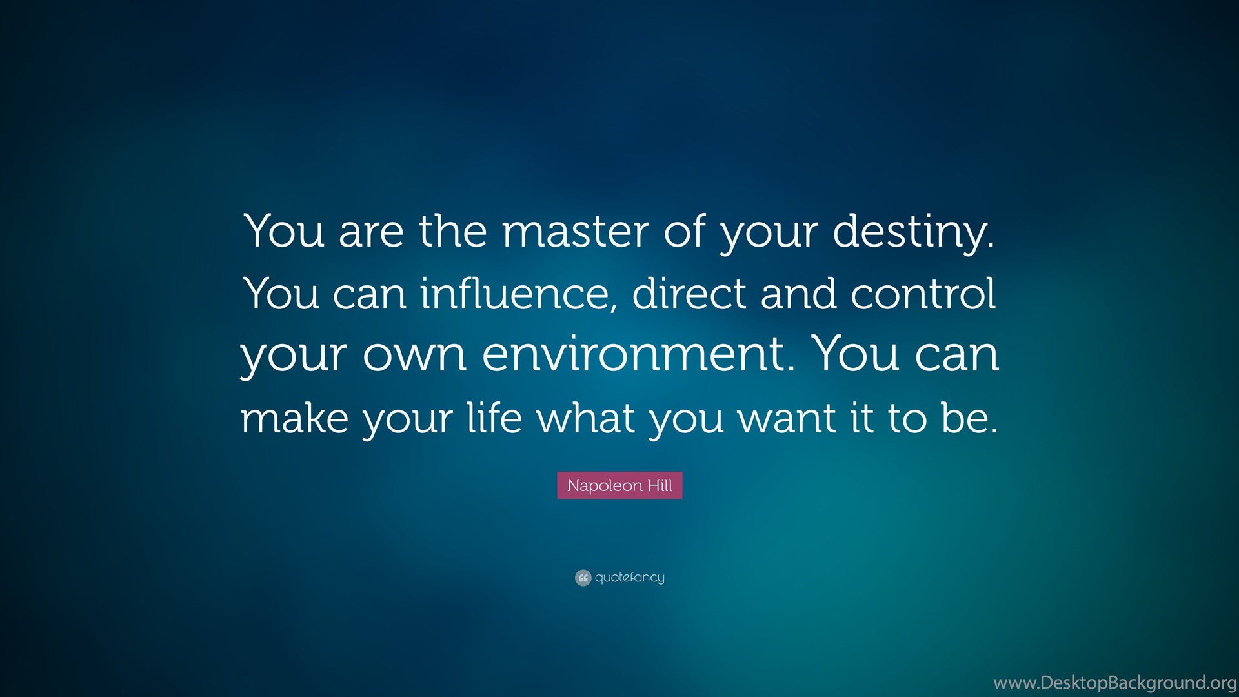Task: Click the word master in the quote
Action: click(x=575, y=230)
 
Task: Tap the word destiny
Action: click(x=914, y=232)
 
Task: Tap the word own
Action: click(x=414, y=357)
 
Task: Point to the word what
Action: click(x=587, y=417)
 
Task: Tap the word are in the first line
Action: click(x=371, y=234)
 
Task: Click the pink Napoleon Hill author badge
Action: click(x=619, y=485)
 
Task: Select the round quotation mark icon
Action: click(x=583, y=578)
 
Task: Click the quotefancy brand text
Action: click(x=629, y=578)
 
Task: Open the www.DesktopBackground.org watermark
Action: click(x=1115, y=683)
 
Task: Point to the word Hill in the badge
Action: click(x=660, y=485)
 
